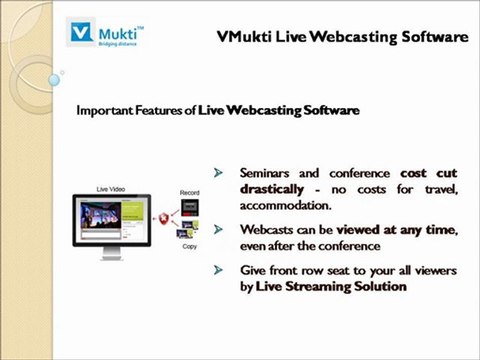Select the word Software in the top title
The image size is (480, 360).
point(431,38)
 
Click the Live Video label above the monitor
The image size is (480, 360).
point(111,189)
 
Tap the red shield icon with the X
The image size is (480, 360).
point(164,219)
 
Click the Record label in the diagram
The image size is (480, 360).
point(189,192)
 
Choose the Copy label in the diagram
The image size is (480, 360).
point(189,246)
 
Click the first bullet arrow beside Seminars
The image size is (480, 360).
point(219,172)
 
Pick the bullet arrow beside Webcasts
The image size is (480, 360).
point(219,229)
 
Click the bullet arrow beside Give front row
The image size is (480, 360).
point(219,270)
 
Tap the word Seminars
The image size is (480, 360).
point(269,172)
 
